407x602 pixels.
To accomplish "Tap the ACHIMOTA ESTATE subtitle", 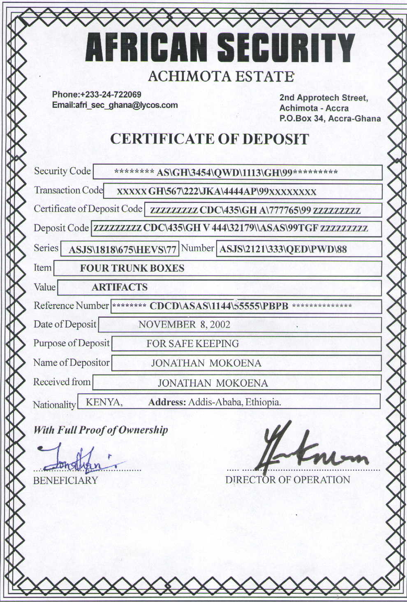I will [x=220, y=77].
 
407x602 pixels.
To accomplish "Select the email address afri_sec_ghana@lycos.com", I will [x=126, y=105].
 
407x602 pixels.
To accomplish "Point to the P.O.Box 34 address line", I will [x=330, y=119].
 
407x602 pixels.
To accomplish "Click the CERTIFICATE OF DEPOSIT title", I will [x=209, y=139].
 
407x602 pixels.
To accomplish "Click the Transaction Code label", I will [x=68, y=191].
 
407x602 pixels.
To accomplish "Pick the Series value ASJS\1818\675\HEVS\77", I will [x=122, y=250].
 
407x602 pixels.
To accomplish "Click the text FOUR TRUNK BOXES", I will [x=132, y=268].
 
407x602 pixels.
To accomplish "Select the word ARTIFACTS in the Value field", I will [x=119, y=287].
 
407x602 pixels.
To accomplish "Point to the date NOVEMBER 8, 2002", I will [x=184, y=325].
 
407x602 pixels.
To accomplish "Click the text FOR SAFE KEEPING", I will [x=192, y=344].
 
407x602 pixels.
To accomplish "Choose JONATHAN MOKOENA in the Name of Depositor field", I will [x=206, y=363].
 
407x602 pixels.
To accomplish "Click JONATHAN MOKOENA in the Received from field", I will [x=213, y=383].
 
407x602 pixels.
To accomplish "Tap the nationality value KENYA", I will [x=103, y=402].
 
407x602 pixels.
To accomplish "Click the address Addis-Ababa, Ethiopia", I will [x=234, y=402].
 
